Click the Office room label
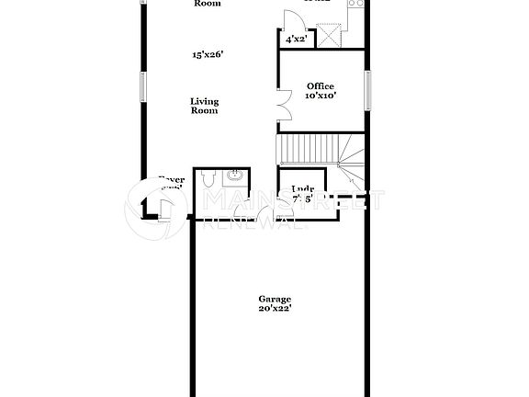click(320, 86)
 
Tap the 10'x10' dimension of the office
click(320, 96)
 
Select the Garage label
click(274, 300)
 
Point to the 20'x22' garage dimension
click(274, 309)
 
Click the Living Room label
click(204, 106)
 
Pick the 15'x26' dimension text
click(208, 55)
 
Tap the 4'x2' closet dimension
click(295, 40)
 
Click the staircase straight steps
click(305, 147)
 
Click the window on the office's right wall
click(366, 89)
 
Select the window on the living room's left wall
click(142, 86)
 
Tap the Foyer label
click(172, 180)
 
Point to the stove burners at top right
click(356, 3)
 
